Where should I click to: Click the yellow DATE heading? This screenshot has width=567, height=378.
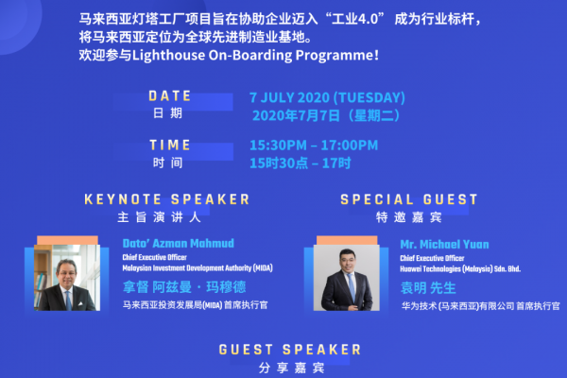point(169,96)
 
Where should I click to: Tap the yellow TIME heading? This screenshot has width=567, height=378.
point(169,145)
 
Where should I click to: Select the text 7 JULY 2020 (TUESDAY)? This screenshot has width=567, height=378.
point(327,97)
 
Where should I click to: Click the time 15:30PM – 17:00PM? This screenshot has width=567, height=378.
point(314,146)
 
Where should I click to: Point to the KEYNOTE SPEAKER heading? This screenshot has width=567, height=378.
point(167,199)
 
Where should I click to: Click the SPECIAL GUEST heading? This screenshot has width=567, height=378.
point(409,199)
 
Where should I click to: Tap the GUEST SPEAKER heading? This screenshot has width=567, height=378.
point(290,350)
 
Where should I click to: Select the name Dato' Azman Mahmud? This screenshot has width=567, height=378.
point(179,243)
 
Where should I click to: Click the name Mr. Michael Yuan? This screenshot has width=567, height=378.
point(444,245)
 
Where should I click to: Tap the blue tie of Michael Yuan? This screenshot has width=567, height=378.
point(352,287)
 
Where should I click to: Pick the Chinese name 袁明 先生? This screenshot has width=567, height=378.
point(428,288)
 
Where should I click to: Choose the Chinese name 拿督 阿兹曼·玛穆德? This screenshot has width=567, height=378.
point(184,287)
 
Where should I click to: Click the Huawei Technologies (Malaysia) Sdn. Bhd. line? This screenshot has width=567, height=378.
point(460,268)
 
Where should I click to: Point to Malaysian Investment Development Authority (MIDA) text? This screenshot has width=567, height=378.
point(198,268)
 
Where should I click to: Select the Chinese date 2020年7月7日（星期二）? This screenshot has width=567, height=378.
point(326,115)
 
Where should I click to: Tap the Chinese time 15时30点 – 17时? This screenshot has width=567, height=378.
point(301,163)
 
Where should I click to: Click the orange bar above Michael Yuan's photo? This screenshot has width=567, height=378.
point(347,240)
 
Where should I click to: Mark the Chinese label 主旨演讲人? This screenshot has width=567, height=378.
point(159,217)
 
